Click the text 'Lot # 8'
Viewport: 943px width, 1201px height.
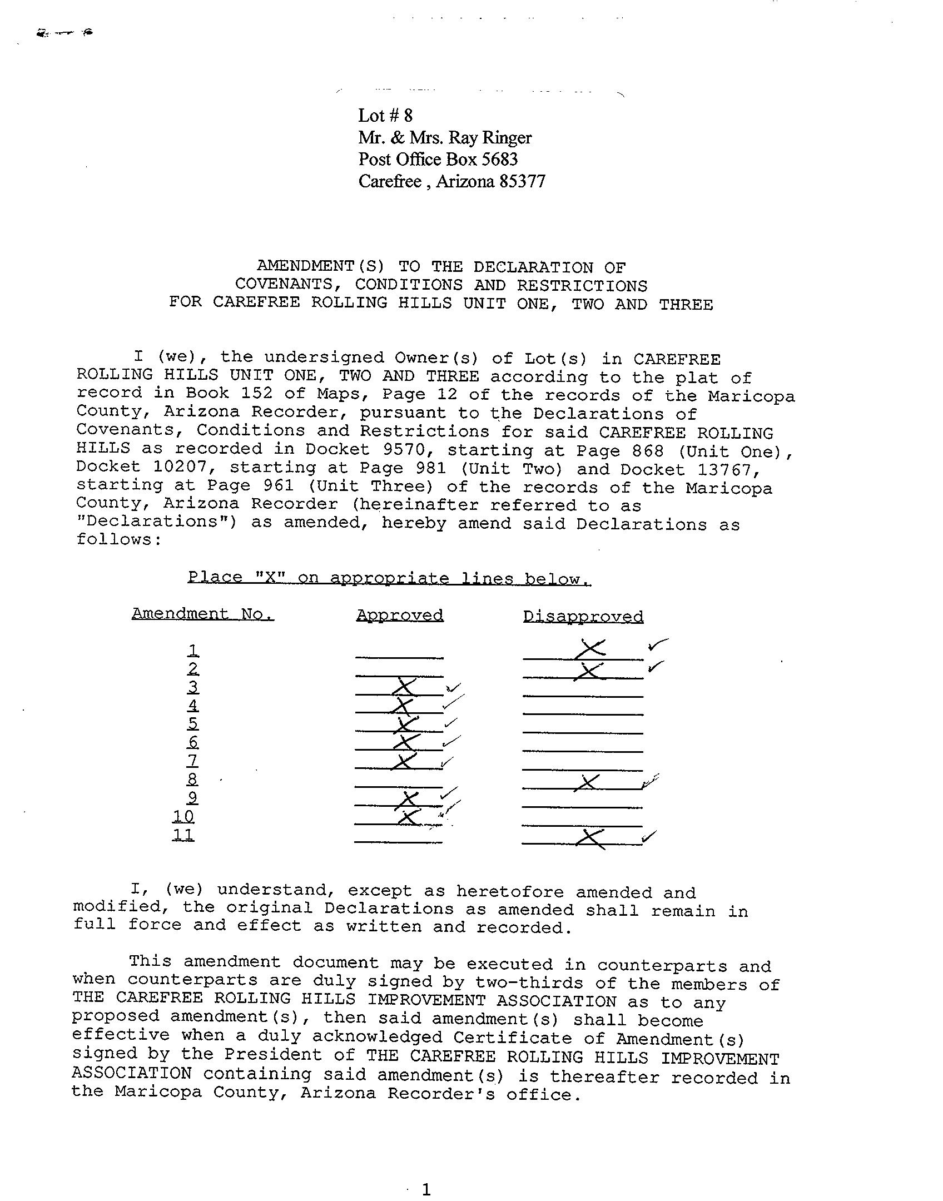point(385,116)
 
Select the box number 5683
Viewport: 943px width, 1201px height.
point(499,160)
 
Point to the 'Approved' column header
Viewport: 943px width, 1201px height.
point(400,615)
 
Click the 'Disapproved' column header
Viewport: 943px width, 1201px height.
point(583,616)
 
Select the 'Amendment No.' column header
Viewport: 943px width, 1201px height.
point(202,613)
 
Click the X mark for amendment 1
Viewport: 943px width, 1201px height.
point(591,648)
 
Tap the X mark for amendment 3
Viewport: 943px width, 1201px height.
point(404,687)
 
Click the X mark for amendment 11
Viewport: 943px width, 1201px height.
point(590,838)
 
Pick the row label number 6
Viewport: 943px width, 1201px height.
point(193,742)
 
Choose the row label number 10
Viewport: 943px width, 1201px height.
point(183,816)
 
